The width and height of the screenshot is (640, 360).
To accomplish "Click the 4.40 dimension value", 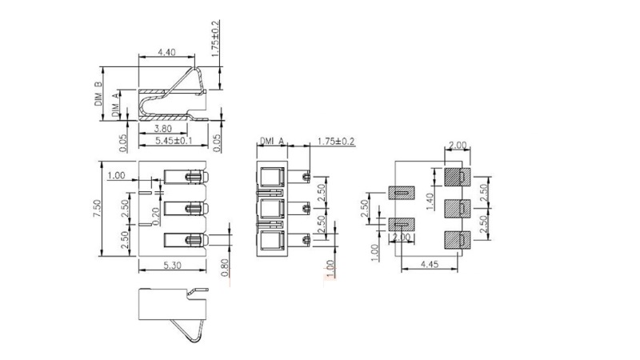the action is point(166,52).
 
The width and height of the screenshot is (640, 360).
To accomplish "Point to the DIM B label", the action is point(98,94).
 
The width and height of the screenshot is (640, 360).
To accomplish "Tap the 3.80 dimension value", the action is point(162,129).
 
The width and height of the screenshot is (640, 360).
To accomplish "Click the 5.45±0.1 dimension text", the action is point(174,141).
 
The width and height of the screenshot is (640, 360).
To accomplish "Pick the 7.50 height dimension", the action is point(97,208).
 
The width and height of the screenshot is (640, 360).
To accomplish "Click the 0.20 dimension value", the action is point(155,216).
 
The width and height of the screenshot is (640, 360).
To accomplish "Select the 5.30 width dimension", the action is point(172,266).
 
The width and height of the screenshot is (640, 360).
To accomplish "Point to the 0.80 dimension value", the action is point(225,267).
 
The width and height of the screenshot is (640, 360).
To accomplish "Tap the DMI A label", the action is point(272,142).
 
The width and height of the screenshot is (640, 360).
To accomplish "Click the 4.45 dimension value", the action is point(430,264).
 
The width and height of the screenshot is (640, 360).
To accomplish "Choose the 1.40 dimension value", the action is point(430,202).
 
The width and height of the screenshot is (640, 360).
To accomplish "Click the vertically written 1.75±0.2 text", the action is point(215,38).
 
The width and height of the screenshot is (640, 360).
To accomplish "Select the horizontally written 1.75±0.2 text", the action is point(336,142).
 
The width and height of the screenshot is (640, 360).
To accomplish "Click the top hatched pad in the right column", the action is point(457,177).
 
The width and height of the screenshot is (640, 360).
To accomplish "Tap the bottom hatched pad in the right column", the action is point(457,240).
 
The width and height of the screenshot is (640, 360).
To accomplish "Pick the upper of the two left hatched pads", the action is point(402,193).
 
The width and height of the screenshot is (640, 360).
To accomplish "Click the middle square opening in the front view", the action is point(271,209).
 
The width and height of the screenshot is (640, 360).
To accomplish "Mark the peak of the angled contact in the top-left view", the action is point(194,68).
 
